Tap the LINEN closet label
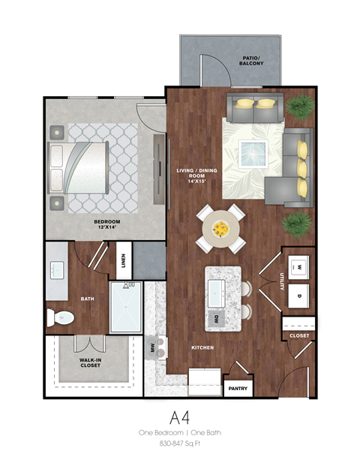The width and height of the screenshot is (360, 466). [123, 262]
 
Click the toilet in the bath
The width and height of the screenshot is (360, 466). [60, 317]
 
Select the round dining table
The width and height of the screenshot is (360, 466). [220, 228]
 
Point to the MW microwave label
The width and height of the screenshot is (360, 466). [154, 347]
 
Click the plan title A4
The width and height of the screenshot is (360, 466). [179, 417]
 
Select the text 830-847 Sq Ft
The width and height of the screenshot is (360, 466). [180, 444]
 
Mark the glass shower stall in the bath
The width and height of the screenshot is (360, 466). [126, 306]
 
